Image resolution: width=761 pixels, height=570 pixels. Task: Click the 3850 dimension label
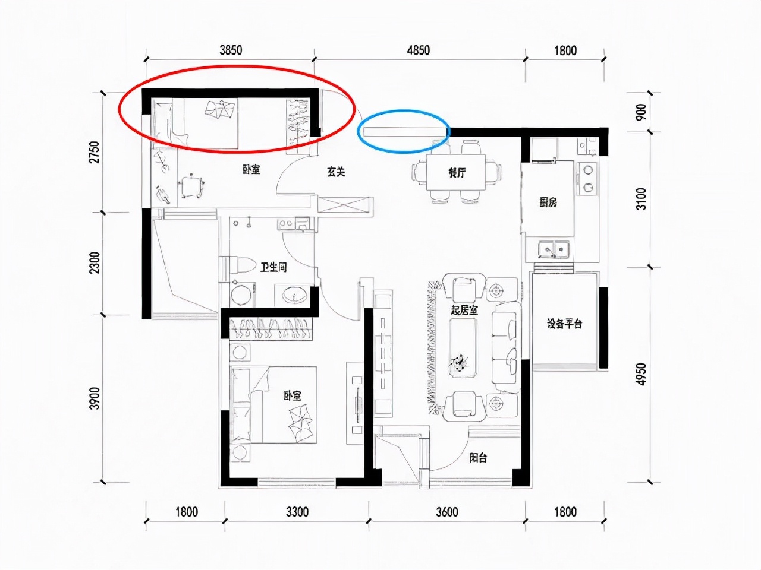pos(231,50)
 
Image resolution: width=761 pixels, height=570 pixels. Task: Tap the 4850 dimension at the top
pos(419,50)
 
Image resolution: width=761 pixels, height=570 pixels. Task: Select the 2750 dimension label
pos(95,152)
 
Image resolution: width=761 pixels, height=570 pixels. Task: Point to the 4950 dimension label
pos(641,374)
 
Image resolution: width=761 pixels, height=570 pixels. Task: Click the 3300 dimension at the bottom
pos(297,512)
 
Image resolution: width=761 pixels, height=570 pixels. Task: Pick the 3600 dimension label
pos(447,512)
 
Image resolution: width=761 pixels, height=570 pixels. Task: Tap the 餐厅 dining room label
pos(457,172)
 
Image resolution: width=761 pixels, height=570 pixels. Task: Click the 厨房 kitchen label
pos(548,202)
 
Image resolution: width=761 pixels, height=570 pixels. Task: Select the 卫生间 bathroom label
pos(273,267)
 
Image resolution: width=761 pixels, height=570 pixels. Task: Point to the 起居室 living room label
pos(464,310)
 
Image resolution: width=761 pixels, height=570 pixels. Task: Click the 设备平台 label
pos(564,324)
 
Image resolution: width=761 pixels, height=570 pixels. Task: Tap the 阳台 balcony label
pos(479,458)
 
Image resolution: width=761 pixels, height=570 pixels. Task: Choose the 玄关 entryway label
pos(336,172)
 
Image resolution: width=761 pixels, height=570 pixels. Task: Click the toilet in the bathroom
pos(236,265)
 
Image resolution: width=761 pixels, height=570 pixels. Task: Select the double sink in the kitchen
pos(553,249)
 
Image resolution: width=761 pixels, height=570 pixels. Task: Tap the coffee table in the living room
pos(463,347)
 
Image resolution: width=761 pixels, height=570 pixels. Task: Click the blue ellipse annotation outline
pos(404,112)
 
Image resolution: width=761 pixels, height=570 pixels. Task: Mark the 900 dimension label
pos(641,112)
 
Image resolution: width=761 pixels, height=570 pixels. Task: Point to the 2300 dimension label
pos(95,262)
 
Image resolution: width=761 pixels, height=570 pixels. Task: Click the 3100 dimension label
pos(641,199)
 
